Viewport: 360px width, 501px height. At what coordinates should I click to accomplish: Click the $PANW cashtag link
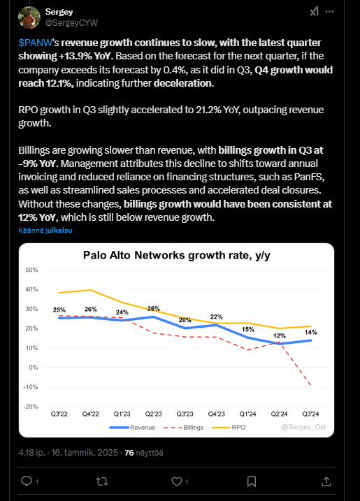(35, 43)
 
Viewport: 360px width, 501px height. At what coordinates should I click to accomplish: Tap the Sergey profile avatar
(29, 17)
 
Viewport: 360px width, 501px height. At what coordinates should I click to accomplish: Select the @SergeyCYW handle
(71, 22)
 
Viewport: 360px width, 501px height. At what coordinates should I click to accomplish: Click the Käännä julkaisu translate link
(45, 230)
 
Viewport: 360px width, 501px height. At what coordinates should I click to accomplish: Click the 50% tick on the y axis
(31, 270)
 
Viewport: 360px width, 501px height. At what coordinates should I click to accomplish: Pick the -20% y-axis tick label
(31, 407)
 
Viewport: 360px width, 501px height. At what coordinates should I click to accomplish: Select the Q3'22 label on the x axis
(59, 414)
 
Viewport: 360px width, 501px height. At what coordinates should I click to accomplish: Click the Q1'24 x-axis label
(247, 414)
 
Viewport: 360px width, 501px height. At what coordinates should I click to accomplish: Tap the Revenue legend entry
(132, 428)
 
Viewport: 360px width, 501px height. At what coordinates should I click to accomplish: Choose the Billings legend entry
(183, 428)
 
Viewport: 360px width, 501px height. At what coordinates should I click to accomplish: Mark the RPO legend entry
(229, 428)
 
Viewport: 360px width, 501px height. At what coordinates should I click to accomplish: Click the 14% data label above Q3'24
(311, 333)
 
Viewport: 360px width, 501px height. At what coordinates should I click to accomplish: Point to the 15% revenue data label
(248, 329)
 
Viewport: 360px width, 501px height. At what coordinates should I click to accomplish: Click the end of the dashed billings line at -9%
(310, 385)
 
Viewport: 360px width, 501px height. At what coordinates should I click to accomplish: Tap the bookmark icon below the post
(252, 481)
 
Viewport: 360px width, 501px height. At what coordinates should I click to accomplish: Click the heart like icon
(176, 481)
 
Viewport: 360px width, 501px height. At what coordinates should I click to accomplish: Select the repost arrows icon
(102, 481)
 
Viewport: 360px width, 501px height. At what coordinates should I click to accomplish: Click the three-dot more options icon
(330, 11)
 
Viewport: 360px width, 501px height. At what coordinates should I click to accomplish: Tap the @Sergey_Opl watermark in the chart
(303, 427)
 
